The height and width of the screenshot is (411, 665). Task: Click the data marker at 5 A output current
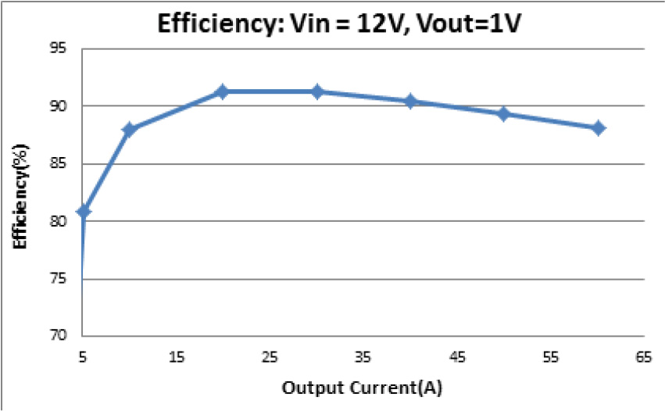coord(84,211)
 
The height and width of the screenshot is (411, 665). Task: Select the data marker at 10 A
coord(129,129)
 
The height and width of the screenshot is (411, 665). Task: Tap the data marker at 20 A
coord(223,91)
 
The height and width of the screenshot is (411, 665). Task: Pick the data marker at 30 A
coord(316,91)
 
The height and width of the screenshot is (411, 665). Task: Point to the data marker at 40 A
coord(410,101)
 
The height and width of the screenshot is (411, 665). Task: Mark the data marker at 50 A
coord(504,113)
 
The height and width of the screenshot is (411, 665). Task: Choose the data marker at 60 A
coord(598,127)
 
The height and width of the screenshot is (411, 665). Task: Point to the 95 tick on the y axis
coord(63,48)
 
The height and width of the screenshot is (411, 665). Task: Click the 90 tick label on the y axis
coord(63,106)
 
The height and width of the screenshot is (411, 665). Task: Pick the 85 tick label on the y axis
coord(63,163)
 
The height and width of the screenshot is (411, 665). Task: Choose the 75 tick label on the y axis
coord(63,278)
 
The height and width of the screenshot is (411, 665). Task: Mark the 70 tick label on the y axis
coord(63,336)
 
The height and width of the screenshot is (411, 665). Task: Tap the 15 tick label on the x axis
coord(177,357)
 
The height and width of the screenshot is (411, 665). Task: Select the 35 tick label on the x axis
coord(363,357)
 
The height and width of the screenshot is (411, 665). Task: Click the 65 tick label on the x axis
coord(645,357)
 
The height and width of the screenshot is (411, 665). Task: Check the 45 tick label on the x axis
coord(457,357)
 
